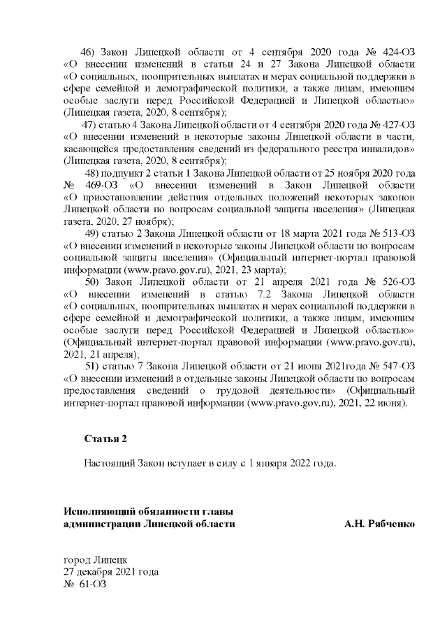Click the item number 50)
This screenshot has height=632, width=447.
(x=94, y=281)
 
